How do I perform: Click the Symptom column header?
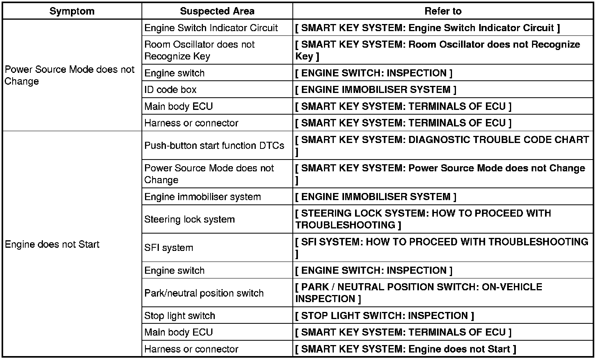point(72,11)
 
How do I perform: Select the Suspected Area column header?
point(217,11)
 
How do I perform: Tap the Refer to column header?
point(443,11)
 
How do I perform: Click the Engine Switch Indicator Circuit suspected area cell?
point(211,28)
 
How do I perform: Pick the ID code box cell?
point(170,90)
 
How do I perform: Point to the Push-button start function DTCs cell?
point(214,145)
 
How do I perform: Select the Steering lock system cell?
point(190,219)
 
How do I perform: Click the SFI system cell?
point(169,248)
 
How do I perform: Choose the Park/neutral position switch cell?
point(204,293)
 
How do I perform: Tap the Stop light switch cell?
point(180,315)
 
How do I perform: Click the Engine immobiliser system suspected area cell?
point(203,197)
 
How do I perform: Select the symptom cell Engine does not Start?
point(52,244)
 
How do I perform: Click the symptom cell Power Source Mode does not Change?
point(69,75)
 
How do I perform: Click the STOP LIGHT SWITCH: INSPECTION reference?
point(385,315)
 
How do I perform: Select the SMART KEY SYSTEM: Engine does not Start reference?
point(406,349)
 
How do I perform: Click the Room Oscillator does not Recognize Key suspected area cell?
point(199,50)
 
